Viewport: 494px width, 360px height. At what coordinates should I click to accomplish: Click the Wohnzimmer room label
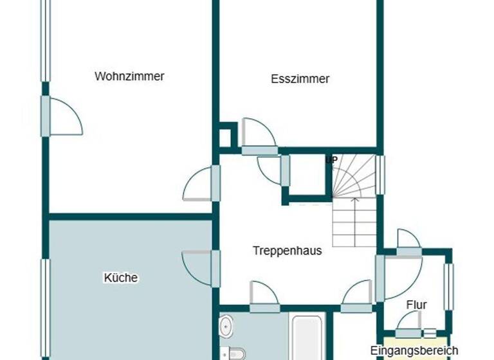click(x=129, y=76)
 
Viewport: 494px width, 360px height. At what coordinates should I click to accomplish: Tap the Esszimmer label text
click(x=300, y=79)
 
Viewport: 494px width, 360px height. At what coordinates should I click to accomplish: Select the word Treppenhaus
click(x=287, y=251)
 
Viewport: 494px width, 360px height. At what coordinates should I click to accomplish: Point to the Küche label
click(x=121, y=278)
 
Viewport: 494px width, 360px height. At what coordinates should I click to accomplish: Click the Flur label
click(x=417, y=305)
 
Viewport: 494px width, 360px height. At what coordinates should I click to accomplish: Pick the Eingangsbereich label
click(x=414, y=350)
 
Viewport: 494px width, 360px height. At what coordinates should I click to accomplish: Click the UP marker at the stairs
click(x=332, y=159)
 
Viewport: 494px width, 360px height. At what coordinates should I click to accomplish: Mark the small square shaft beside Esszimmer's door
click(x=226, y=138)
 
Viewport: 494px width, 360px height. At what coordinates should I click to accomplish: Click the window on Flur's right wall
click(x=449, y=286)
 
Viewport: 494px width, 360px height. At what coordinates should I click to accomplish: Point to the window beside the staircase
click(x=380, y=175)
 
